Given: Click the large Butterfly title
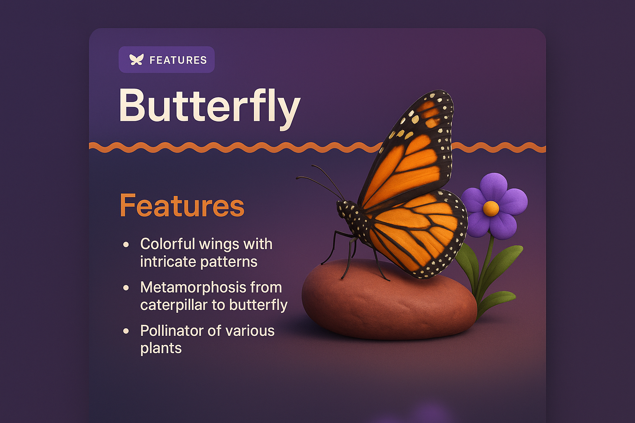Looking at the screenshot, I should [x=209, y=106].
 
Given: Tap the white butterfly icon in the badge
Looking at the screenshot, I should [x=136, y=60].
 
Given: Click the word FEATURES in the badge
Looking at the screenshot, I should [x=178, y=60].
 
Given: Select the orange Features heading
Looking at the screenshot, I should [x=182, y=205].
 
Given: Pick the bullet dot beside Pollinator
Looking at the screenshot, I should [x=126, y=331].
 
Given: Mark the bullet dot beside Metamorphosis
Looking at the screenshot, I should [x=126, y=288].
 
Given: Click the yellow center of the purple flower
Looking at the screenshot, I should [x=491, y=208].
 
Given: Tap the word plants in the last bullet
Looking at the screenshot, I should [x=161, y=348].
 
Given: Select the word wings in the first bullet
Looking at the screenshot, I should [x=219, y=244].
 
